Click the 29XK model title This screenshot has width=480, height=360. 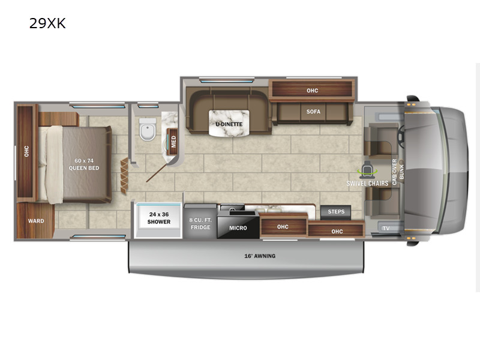[47, 23]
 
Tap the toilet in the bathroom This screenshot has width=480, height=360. [148, 129]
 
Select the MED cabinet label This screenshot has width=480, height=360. [173, 142]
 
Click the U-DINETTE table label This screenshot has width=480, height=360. [229, 124]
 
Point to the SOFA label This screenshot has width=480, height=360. [313, 112]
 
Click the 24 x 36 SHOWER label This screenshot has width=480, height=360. [159, 218]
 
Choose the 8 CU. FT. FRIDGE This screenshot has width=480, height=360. [200, 223]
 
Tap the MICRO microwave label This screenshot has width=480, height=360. [238, 228]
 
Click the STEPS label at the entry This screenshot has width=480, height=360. [336, 212]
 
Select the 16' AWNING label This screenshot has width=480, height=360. [260, 256]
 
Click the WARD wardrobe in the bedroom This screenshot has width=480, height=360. [35, 220]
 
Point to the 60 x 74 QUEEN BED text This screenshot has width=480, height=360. [84, 164]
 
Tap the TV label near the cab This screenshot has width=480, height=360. [386, 228]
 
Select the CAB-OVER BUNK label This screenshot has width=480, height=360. [398, 172]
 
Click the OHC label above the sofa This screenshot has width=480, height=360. [312, 91]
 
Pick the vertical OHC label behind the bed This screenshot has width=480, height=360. [26, 151]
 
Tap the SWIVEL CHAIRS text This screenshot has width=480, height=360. [367, 184]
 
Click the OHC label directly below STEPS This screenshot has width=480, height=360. [337, 232]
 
